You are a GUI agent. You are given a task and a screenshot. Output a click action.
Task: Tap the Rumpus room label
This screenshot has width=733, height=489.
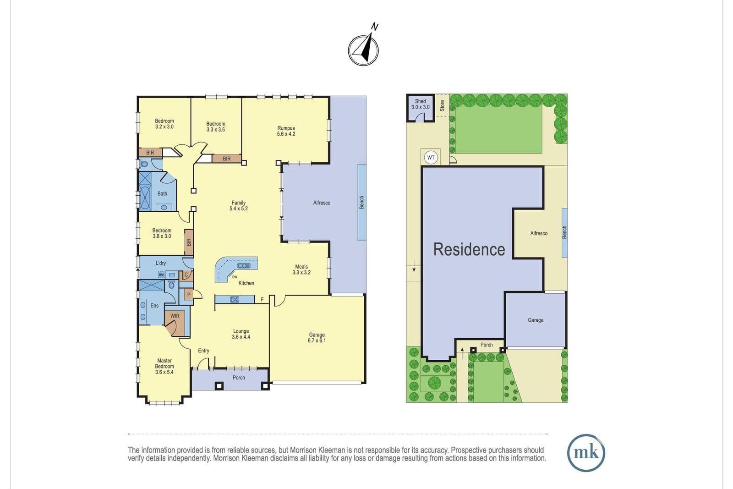pos(286,131)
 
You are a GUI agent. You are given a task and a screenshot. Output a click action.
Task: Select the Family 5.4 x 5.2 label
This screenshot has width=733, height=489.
pos(239,206)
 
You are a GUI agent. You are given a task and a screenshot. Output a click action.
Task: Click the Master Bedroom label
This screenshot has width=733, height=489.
pos(164,366)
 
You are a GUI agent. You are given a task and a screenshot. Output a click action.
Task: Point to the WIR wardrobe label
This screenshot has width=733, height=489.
pos(175,316)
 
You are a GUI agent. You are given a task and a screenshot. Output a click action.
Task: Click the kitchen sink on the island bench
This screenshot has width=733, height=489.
pos(244,265)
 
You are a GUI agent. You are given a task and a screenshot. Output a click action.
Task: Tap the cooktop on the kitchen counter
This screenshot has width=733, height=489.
pos(235,299)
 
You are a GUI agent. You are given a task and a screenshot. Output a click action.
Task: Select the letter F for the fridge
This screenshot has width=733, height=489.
pos(262,299)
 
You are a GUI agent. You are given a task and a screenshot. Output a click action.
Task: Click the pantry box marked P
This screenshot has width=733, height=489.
pos(188,295)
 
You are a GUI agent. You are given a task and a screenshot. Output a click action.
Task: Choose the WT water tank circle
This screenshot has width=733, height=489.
pos(431,158)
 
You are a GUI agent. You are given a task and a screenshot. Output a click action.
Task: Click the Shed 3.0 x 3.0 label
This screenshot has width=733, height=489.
pos(421,104)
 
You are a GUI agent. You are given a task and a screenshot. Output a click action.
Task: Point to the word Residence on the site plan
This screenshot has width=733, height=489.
pos(469,249)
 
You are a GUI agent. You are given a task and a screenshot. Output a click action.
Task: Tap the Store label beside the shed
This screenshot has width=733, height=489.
pos(443,106)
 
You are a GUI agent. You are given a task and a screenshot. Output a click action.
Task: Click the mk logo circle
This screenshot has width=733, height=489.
pos(586,453)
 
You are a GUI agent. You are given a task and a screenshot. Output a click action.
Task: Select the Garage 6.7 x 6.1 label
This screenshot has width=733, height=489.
pos(317,337)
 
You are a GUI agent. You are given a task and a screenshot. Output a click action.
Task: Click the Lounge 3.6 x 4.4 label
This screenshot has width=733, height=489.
pos(241,334)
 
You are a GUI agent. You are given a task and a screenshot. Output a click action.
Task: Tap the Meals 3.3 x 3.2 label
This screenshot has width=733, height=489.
pos(301,269)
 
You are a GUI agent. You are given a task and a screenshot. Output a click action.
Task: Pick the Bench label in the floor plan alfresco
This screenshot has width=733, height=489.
pos(361,202)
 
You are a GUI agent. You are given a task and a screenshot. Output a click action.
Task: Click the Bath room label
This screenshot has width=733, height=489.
pos(162,193)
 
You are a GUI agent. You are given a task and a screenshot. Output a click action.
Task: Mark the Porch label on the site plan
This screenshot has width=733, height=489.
pos(487,345)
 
